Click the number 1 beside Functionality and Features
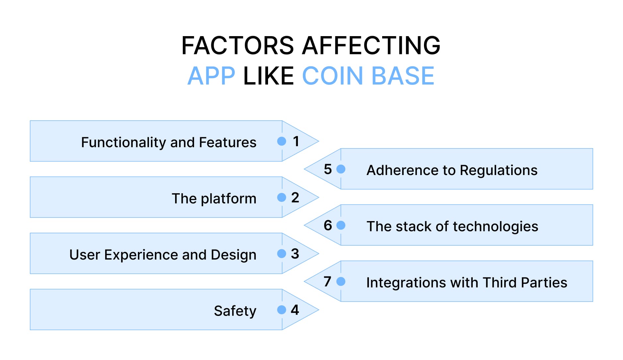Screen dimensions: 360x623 coord(296,142)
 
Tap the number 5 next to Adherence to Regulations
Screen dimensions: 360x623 coord(327,169)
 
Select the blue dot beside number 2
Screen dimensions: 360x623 coord(281,198)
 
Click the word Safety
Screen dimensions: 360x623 coord(235,311)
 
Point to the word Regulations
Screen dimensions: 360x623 coord(498,170)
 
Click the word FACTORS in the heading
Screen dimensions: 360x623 coord(238,45)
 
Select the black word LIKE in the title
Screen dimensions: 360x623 coord(268,76)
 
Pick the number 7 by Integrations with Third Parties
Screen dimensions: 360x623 coord(327,282)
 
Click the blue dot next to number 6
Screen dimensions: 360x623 coord(341,225)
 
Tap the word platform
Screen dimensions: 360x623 coord(228,199)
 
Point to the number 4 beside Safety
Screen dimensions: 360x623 coord(295,310)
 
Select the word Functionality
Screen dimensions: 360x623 coord(123,143)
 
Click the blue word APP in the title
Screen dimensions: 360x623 coord(211,76)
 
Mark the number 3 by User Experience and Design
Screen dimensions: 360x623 coord(295,254)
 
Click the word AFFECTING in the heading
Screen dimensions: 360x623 coord(371,45)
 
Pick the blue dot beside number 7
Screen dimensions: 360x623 coord(341,282)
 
